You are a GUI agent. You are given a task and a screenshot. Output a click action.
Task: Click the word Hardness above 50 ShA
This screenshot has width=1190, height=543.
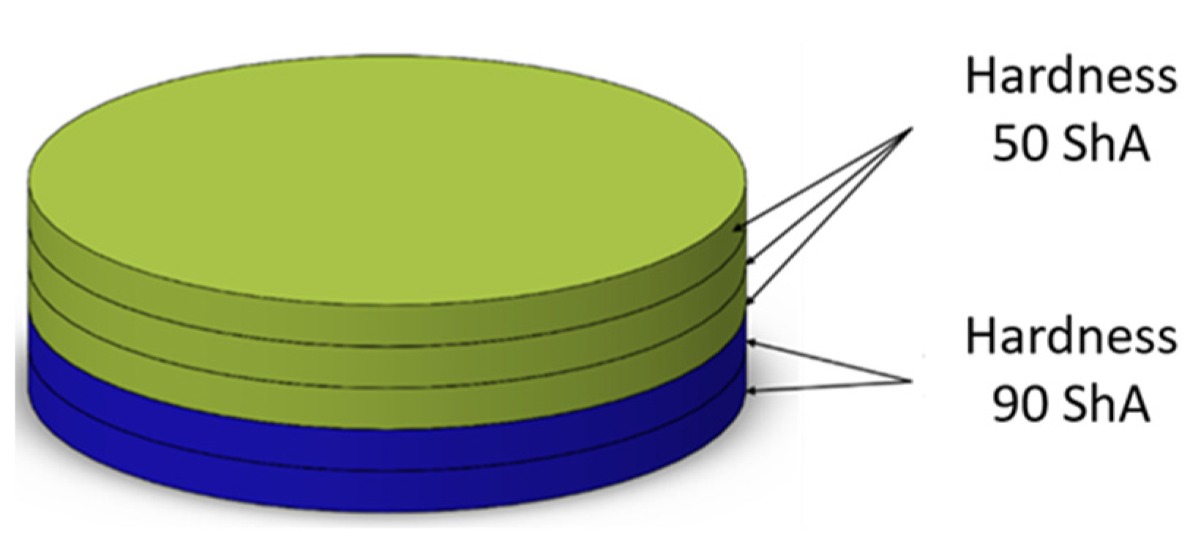point(1070,77)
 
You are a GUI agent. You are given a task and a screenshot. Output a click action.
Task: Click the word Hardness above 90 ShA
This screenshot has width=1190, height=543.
point(1070,336)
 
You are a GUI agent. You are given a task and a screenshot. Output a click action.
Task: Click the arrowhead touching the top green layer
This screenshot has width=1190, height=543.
point(738,228)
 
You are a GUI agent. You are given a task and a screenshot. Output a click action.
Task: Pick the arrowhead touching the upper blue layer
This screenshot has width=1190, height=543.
point(751,342)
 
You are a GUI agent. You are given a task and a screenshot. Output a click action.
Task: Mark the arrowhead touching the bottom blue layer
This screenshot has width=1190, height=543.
point(751,392)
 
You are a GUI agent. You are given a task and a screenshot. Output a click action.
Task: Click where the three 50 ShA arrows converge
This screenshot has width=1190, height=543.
point(910,130)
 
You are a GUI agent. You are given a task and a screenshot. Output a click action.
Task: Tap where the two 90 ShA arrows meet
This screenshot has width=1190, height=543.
point(910,381)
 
